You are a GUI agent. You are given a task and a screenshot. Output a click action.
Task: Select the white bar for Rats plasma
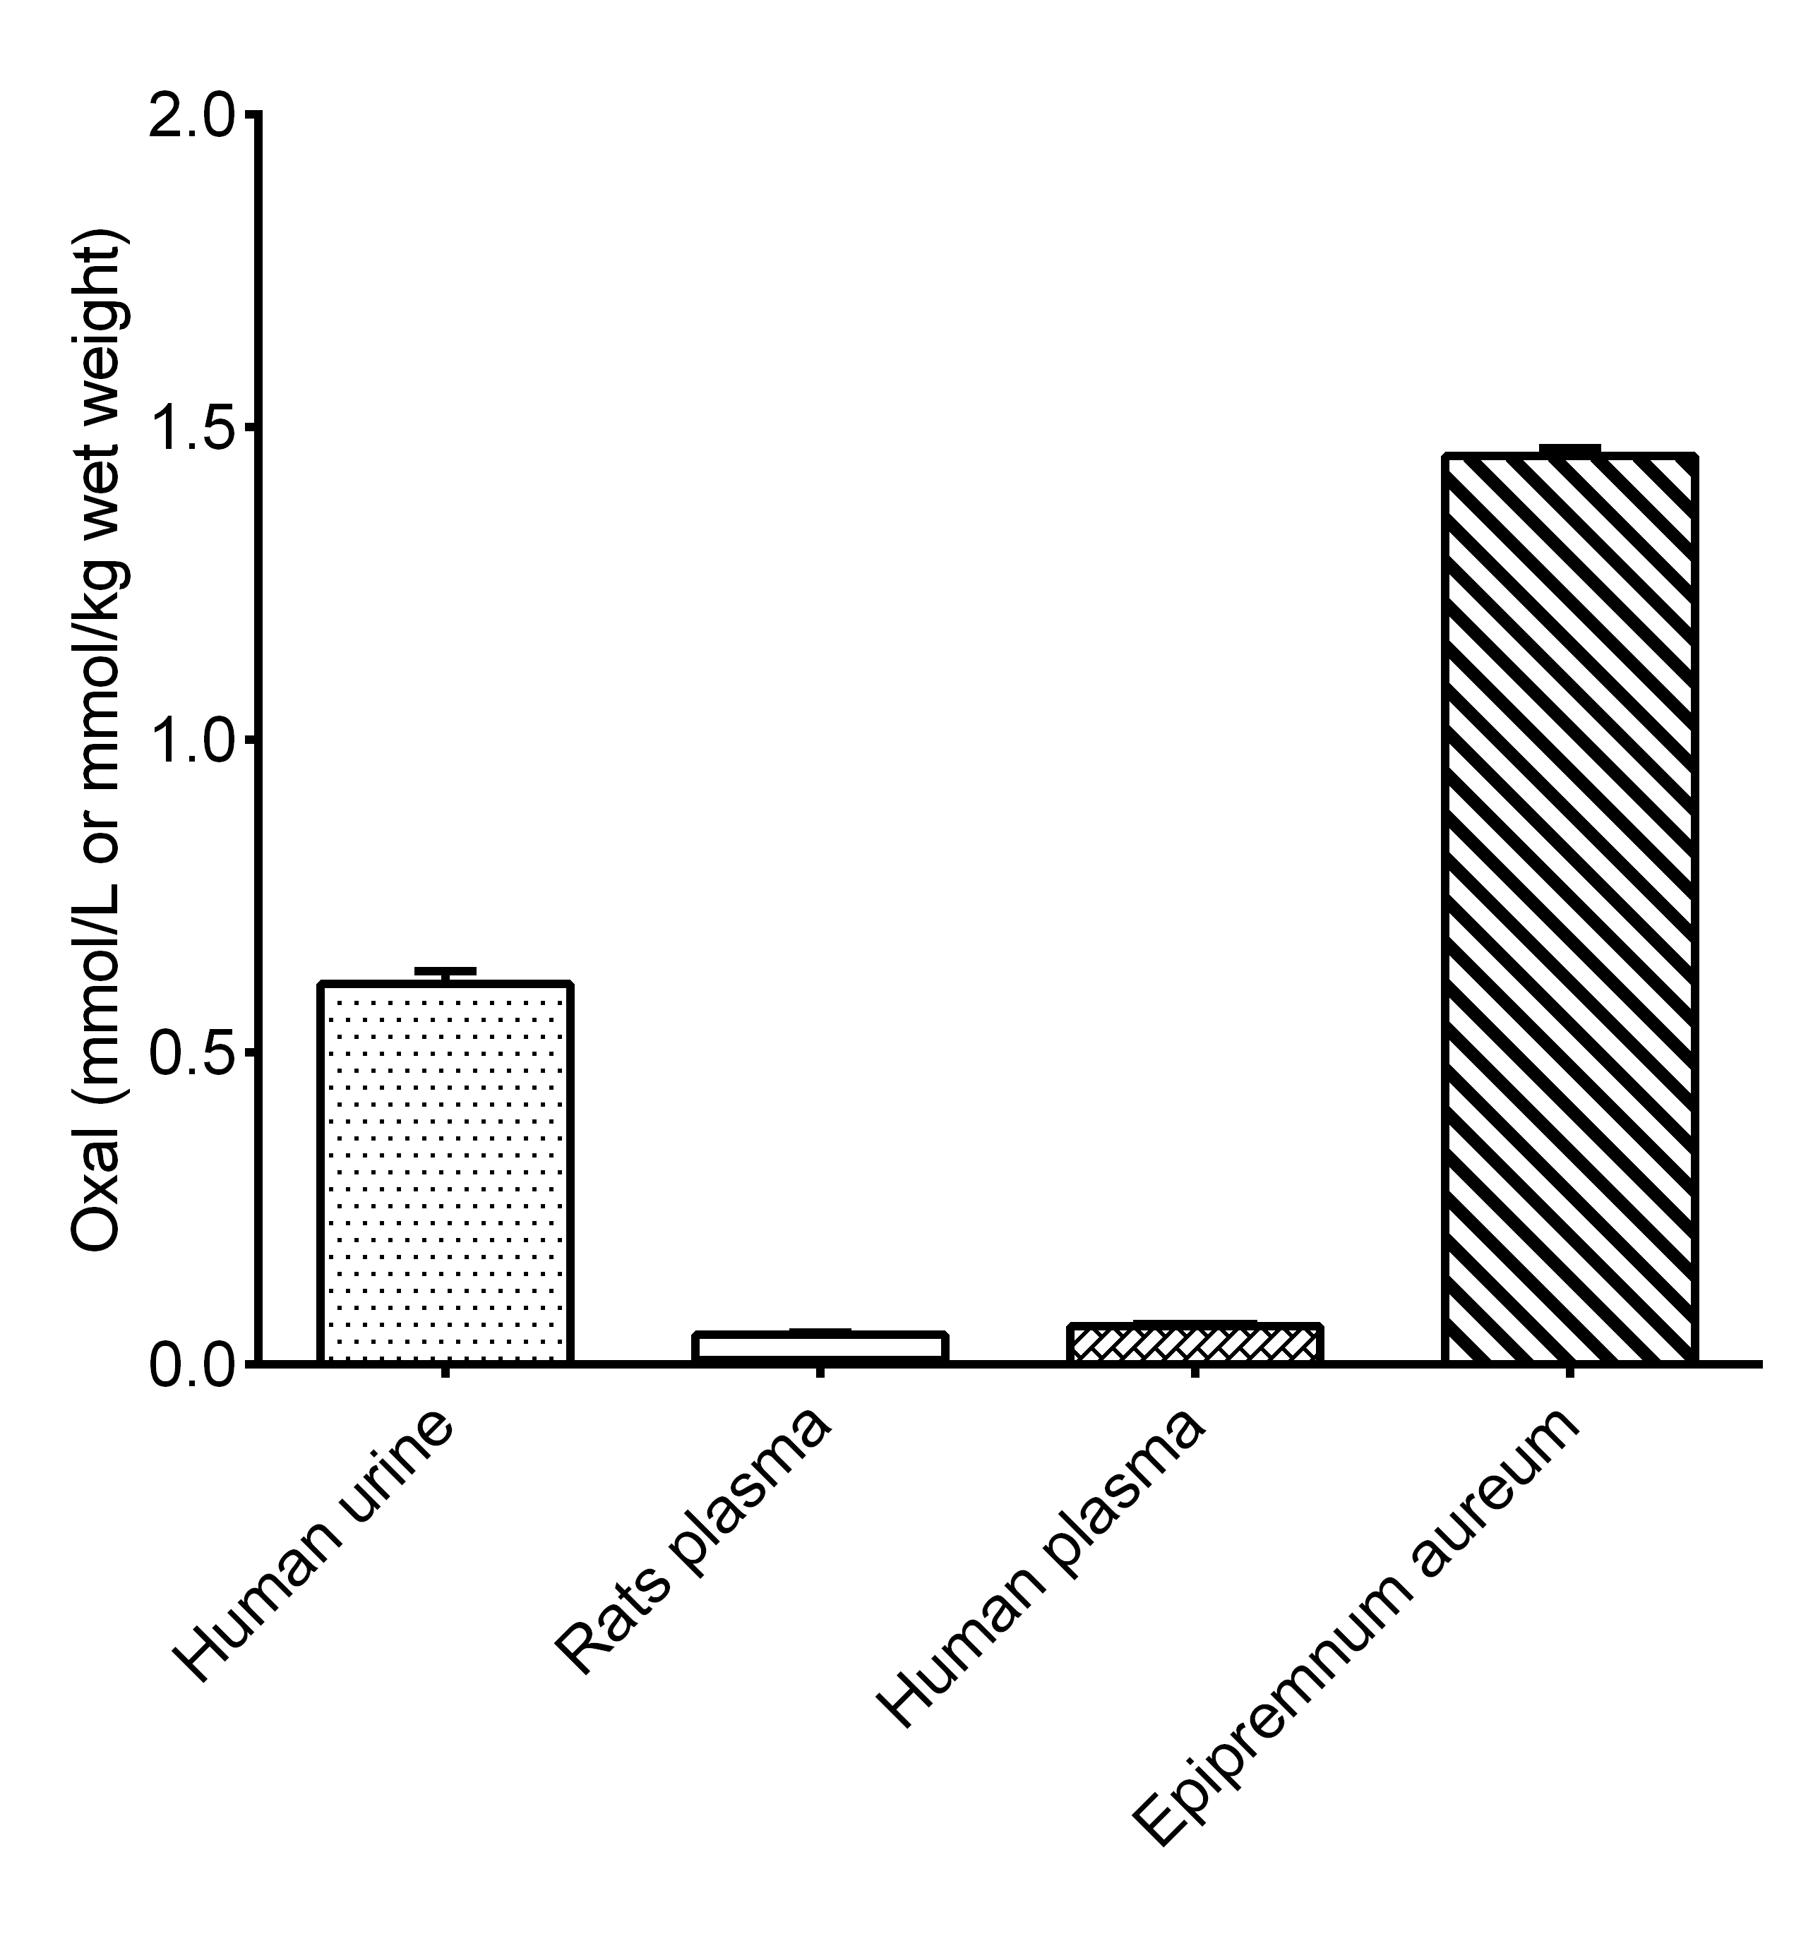coord(819,1347)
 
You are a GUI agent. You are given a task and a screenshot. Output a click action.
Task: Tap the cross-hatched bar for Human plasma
coord(1193,1343)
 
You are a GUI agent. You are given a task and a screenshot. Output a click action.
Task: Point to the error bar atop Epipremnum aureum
coord(1570,449)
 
